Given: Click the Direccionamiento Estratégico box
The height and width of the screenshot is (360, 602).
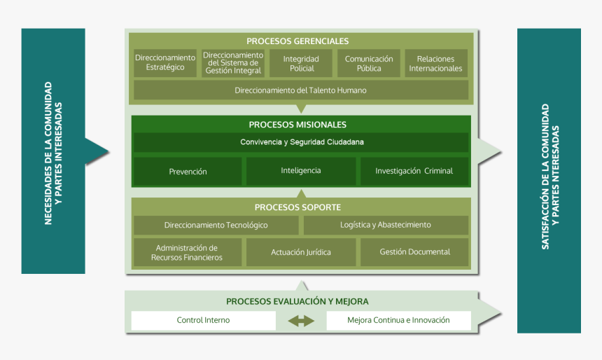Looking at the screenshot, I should pyautogui.click(x=165, y=63).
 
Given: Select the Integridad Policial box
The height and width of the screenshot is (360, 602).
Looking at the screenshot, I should pyautogui.click(x=300, y=63).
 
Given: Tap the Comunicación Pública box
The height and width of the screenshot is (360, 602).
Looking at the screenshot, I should pyautogui.click(x=369, y=63).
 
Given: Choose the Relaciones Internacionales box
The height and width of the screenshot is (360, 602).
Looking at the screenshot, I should pyautogui.click(x=435, y=63).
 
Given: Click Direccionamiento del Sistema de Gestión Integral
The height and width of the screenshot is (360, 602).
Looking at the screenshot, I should pyautogui.click(x=232, y=63).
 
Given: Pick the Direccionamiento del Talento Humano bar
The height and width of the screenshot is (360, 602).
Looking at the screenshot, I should pyautogui.click(x=300, y=90).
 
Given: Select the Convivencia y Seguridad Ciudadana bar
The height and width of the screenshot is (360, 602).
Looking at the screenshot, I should pyautogui.click(x=301, y=142).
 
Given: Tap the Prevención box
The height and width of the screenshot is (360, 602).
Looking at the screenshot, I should pyautogui.click(x=188, y=172).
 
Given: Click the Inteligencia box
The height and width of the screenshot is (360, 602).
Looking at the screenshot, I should pyautogui.click(x=301, y=171).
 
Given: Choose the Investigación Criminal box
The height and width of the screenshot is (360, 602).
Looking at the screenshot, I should pyautogui.click(x=414, y=171).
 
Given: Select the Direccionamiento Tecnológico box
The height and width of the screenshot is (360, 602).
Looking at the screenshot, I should pyautogui.click(x=216, y=226).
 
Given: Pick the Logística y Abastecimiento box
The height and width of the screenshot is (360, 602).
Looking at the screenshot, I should pyautogui.click(x=386, y=226).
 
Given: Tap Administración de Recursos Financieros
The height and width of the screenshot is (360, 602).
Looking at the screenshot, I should pyautogui.click(x=187, y=252).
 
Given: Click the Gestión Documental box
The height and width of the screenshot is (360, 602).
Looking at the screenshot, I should pyautogui.click(x=414, y=252).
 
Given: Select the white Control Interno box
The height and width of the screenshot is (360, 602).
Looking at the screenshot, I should pyautogui.click(x=203, y=321).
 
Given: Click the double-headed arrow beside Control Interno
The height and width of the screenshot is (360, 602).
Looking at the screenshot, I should pyautogui.click(x=301, y=321).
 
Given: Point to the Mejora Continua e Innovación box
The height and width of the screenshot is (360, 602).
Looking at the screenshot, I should pyautogui.click(x=398, y=321).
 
